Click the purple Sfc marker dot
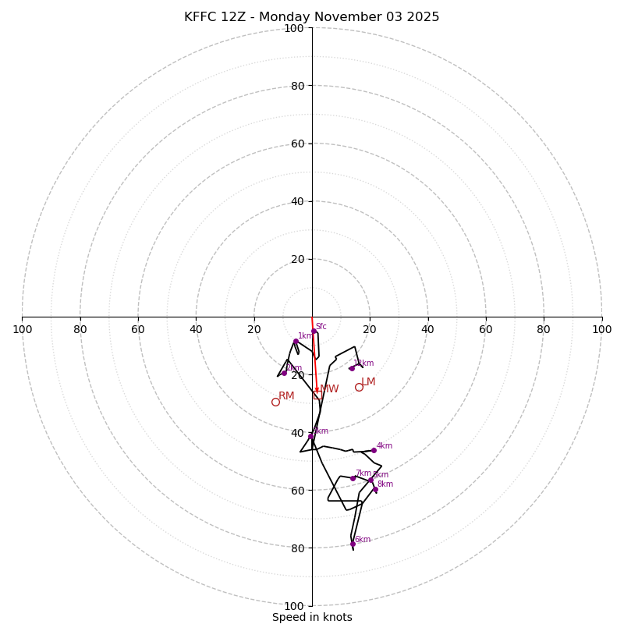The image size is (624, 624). click(x=314, y=331)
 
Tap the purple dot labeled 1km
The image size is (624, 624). click(x=296, y=342)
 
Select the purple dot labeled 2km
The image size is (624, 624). click(x=284, y=373)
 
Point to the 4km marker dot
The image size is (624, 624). click(x=374, y=450)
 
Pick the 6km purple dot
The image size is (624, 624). click(x=353, y=544)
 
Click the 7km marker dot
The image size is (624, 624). click(x=353, y=478)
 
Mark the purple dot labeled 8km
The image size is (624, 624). click(x=375, y=490)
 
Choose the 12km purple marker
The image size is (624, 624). click(x=352, y=368)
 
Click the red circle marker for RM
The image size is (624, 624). click(x=275, y=402)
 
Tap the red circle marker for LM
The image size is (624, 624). click(x=359, y=387)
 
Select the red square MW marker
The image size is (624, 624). click(x=317, y=395)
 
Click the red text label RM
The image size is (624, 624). click(x=286, y=396)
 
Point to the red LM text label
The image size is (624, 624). click(x=368, y=382)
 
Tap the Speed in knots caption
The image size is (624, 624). click(x=312, y=617)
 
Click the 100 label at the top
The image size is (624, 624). click(x=293, y=29)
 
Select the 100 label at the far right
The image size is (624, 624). click(x=601, y=329)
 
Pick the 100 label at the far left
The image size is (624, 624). click(x=22, y=329)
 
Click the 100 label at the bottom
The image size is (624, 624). click(x=293, y=606)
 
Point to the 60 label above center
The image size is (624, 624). click(x=296, y=144)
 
